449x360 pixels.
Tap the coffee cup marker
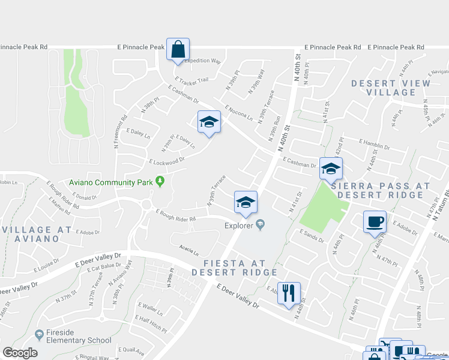coord(375,221)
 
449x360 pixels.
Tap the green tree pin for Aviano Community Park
coord(160,180)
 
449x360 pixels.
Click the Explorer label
coord(240,226)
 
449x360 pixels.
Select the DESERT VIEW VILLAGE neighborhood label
coord(391,88)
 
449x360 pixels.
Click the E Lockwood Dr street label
coord(166,160)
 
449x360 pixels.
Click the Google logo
coord(20,352)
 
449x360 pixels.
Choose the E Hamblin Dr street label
coord(374,144)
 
